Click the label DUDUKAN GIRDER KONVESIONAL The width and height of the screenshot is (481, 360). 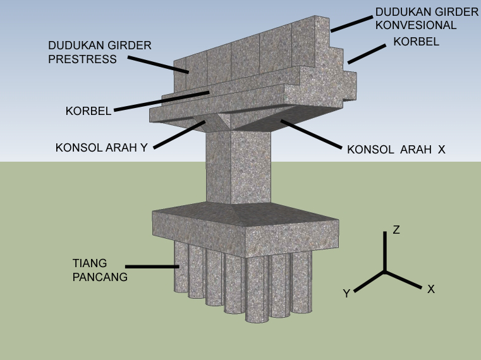tap(427, 18)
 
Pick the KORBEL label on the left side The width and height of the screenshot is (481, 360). tap(88, 111)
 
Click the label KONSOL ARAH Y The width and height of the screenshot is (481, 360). tap(102, 148)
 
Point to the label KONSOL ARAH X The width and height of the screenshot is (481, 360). tap(396, 150)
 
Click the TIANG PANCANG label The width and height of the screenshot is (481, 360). tap(99, 270)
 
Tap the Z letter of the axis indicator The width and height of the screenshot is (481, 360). tap(396, 230)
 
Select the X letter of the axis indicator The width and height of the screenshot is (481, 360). tap(431, 289)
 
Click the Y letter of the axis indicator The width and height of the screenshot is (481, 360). tap(346, 293)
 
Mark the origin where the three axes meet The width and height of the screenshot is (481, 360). tap(385, 272)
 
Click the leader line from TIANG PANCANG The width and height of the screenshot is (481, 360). tap(152, 267)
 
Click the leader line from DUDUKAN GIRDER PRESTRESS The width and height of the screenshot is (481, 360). tap(158, 65)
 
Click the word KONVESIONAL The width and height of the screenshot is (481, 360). tap(415, 25)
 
